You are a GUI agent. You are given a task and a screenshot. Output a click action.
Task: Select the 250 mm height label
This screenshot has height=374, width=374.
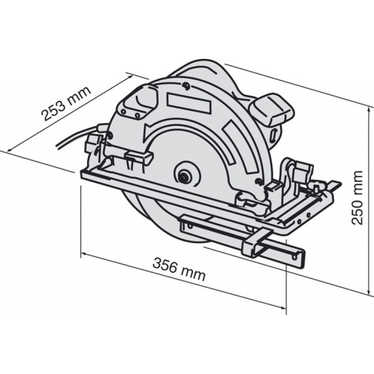click(x=358, y=198)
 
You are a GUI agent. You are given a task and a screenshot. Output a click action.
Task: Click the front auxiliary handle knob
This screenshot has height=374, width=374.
click(x=139, y=102)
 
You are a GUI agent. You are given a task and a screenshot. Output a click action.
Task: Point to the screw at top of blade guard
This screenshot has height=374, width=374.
click(x=185, y=86)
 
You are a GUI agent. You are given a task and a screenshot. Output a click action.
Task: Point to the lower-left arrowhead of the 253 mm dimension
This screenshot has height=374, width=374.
click(x=11, y=149)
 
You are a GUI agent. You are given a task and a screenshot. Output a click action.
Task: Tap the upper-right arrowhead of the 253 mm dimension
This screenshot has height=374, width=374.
click(x=129, y=77)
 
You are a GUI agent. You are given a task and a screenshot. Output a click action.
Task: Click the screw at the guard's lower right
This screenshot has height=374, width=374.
click(x=258, y=181)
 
